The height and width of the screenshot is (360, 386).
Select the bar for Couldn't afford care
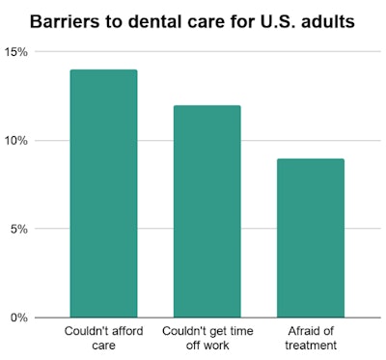(103, 193)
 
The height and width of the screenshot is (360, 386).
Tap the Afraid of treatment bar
(310, 237)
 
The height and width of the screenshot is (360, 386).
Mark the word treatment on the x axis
(310, 346)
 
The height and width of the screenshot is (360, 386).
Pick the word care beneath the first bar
(103, 346)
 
